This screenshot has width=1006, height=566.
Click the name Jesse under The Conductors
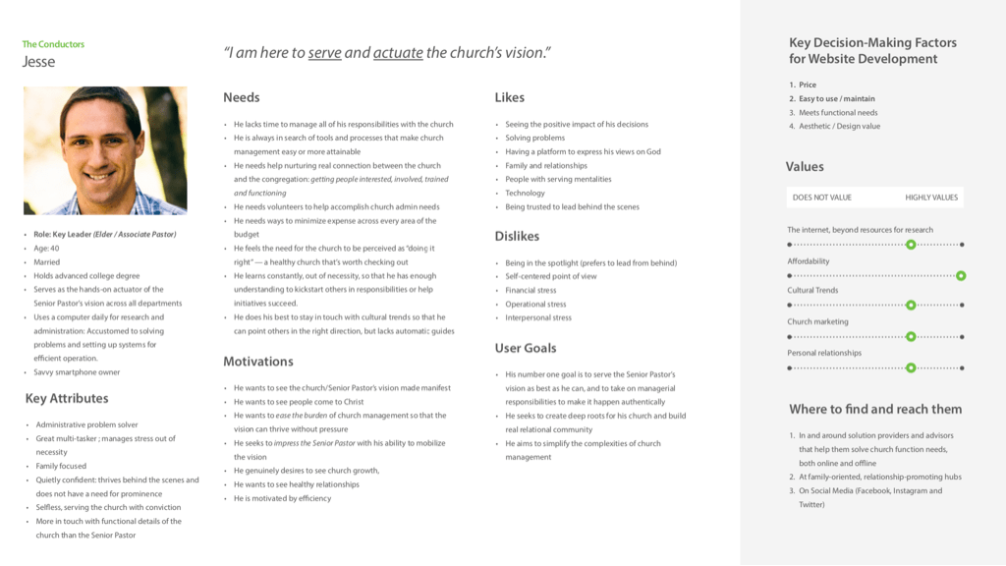[39, 62]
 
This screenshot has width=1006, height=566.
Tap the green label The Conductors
[53, 44]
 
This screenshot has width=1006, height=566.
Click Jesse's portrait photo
[105, 150]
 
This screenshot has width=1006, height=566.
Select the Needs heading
[242, 97]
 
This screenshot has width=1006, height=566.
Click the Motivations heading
[258, 362]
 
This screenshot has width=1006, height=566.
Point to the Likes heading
[509, 97]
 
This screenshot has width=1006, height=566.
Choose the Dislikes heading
[517, 236]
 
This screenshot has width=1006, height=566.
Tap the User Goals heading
[526, 348]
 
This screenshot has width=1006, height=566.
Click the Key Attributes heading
[67, 398]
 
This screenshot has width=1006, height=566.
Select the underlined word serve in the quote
[325, 53]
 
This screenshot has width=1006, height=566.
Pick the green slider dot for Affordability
[961, 276]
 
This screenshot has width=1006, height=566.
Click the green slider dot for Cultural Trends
[911, 306]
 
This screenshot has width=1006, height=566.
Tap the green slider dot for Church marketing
[911, 336]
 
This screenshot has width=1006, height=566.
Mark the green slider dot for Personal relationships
[911, 368]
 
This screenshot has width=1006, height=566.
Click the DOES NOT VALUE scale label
[822, 198]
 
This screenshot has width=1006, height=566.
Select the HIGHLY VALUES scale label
[931, 198]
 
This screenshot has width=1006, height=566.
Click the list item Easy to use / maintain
[836, 98]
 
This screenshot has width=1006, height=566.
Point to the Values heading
[806, 167]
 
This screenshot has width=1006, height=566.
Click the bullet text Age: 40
[47, 249]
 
